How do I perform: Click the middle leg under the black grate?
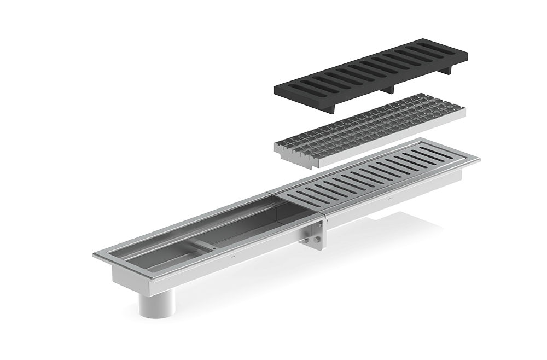[389, 90]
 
